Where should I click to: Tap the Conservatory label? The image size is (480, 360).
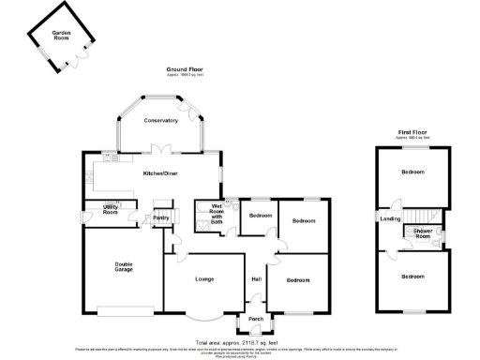point(160,121)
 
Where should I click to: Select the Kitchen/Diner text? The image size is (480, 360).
point(160,174)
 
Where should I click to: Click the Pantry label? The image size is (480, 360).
point(159,218)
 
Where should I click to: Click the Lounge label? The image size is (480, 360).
point(205,278)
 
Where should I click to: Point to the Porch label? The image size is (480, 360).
point(254,320)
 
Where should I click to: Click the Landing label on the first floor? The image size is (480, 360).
point(389,218)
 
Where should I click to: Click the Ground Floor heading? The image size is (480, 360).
point(185,69)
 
